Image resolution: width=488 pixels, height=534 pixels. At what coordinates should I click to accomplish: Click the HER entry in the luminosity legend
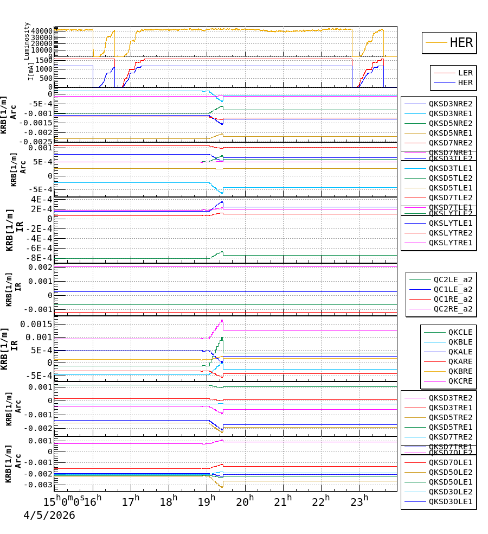click(461, 43)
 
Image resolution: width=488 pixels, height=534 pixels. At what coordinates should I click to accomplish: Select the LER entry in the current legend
click(465, 73)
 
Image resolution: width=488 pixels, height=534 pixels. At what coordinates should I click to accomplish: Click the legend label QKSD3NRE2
click(451, 104)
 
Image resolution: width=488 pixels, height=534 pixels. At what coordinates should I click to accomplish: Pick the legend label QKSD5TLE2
click(451, 178)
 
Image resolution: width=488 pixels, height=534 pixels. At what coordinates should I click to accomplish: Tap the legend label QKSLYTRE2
click(451, 233)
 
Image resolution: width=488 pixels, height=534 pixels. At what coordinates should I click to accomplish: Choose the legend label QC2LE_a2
click(453, 279)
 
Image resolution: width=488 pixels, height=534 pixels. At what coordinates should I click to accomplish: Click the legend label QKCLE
click(460, 332)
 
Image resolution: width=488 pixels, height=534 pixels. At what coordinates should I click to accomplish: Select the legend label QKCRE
click(460, 381)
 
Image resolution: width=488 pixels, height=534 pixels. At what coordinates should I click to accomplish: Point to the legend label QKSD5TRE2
click(451, 417)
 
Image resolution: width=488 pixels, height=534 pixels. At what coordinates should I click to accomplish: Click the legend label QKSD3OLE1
click(451, 502)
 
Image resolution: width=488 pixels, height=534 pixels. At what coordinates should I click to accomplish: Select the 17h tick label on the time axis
click(131, 501)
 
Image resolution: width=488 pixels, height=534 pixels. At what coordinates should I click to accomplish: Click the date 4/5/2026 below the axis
click(49, 515)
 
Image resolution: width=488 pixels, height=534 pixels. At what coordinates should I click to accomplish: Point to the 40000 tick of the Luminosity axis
click(41, 31)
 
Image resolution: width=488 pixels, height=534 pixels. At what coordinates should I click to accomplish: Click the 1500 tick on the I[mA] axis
click(43, 60)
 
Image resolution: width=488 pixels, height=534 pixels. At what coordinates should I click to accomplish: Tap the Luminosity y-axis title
click(27, 41)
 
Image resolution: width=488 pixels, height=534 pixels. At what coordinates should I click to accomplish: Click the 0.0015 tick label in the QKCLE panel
click(36, 324)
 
